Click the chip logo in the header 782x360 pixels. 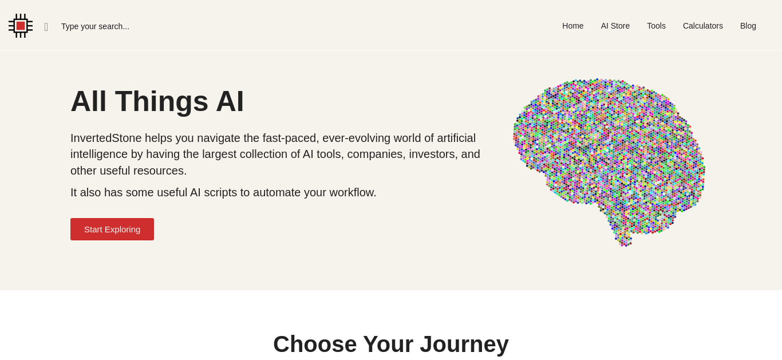[x=21, y=26]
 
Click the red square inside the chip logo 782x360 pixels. [x=21, y=26]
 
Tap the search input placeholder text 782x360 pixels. [x=95, y=26]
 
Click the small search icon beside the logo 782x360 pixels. [x=46, y=27]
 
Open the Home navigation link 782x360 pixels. [x=573, y=26]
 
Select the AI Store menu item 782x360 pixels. [x=615, y=26]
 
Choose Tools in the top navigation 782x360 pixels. [x=656, y=26]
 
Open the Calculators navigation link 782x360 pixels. [x=703, y=26]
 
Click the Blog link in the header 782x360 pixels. [x=748, y=26]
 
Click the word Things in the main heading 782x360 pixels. [x=161, y=102]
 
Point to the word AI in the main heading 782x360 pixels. [x=230, y=101]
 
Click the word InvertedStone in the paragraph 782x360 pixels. [x=106, y=138]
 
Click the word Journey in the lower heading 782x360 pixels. [x=464, y=345]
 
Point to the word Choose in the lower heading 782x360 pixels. [x=315, y=344]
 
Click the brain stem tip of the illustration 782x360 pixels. [x=626, y=245]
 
